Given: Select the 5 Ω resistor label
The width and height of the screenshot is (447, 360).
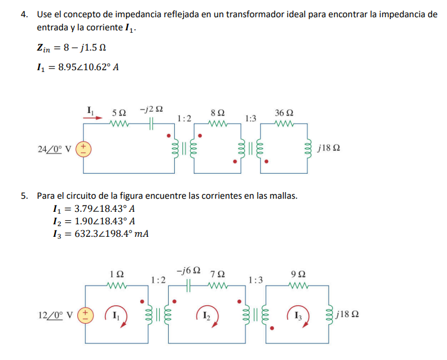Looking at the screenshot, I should tap(119, 112).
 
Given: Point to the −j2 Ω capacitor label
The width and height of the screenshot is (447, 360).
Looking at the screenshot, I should tap(152, 110).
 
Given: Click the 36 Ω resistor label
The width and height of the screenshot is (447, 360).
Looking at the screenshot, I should tap(284, 112).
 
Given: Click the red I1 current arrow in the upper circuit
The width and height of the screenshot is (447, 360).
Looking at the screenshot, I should tap(90, 118).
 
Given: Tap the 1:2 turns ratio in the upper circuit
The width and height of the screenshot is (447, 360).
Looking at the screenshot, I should tap(184, 119).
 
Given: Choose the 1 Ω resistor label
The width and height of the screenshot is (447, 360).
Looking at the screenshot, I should tap(117, 274).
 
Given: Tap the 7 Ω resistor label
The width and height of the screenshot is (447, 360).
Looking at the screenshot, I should tap(219, 274).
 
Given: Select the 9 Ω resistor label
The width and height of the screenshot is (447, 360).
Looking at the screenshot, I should tap(299, 274).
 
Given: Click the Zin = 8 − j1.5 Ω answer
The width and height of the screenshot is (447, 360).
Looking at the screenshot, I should tap(71, 47).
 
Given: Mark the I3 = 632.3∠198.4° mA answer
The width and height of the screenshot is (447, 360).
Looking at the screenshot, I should tap(101, 233).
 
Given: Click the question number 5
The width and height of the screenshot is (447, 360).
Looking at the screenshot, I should tap(24, 195).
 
